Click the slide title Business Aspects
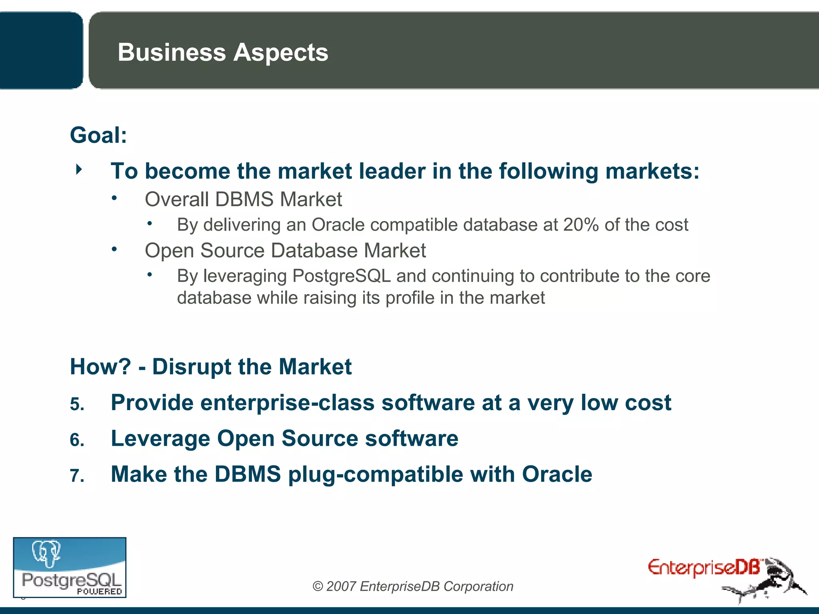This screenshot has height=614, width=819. (223, 52)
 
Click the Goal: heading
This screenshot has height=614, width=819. (98, 135)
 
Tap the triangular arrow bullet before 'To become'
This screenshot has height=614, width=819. (79, 169)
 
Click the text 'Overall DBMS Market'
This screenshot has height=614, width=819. (243, 199)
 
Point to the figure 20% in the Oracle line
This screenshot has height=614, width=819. (581, 225)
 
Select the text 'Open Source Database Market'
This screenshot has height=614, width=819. (285, 251)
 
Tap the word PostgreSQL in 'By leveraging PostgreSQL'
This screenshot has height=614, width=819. (342, 276)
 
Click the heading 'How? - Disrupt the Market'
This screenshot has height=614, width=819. (211, 367)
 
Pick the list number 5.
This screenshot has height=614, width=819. (77, 404)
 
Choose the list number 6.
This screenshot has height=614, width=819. (77, 440)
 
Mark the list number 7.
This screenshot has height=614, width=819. (77, 476)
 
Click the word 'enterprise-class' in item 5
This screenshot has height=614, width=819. (288, 403)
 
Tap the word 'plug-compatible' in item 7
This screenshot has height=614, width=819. (375, 474)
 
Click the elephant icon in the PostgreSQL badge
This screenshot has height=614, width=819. (46, 554)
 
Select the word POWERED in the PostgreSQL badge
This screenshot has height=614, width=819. (99, 591)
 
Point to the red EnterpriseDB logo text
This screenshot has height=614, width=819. (704, 568)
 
